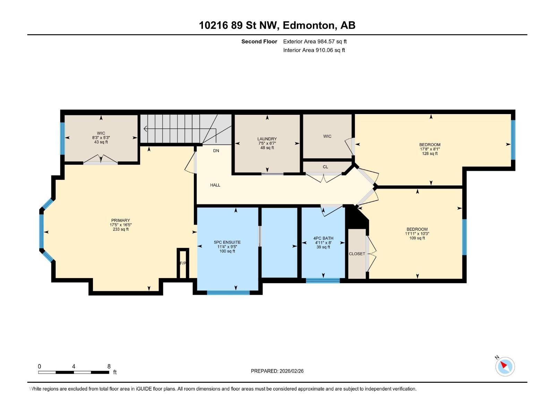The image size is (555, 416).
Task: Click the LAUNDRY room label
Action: pyautogui.click(x=267, y=139)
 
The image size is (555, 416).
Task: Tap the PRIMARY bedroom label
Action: pyautogui.click(x=120, y=220)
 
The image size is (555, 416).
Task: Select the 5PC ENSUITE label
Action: pyautogui.click(x=227, y=242)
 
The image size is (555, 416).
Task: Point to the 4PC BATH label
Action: pyautogui.click(x=323, y=238)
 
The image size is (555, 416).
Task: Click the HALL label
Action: pyautogui.click(x=215, y=185)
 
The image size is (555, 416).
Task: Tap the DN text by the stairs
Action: pyautogui.click(x=216, y=151)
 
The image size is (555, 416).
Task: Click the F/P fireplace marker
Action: pyautogui.click(x=183, y=263)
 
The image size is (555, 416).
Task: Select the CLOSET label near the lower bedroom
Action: pyautogui.click(x=357, y=254)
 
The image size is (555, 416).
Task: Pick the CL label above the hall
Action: pyautogui.click(x=325, y=167)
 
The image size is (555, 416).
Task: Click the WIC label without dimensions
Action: pyautogui.click(x=327, y=136)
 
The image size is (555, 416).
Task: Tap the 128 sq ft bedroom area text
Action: pyautogui.click(x=430, y=154)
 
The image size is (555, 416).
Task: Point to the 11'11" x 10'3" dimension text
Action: pyautogui.click(x=417, y=234)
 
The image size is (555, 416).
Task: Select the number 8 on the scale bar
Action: pyautogui.click(x=109, y=366)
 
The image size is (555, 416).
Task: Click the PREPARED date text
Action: pyautogui.click(x=277, y=371)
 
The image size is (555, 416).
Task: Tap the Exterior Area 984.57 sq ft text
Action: pyautogui.click(x=315, y=42)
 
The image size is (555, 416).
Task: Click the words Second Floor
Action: pyautogui.click(x=259, y=42)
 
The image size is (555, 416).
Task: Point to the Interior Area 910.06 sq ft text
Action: pyautogui.click(x=314, y=50)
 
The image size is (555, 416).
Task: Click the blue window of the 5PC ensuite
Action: pyautogui.click(x=228, y=293)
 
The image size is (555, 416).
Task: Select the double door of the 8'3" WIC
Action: pyautogui.click(x=101, y=160)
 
